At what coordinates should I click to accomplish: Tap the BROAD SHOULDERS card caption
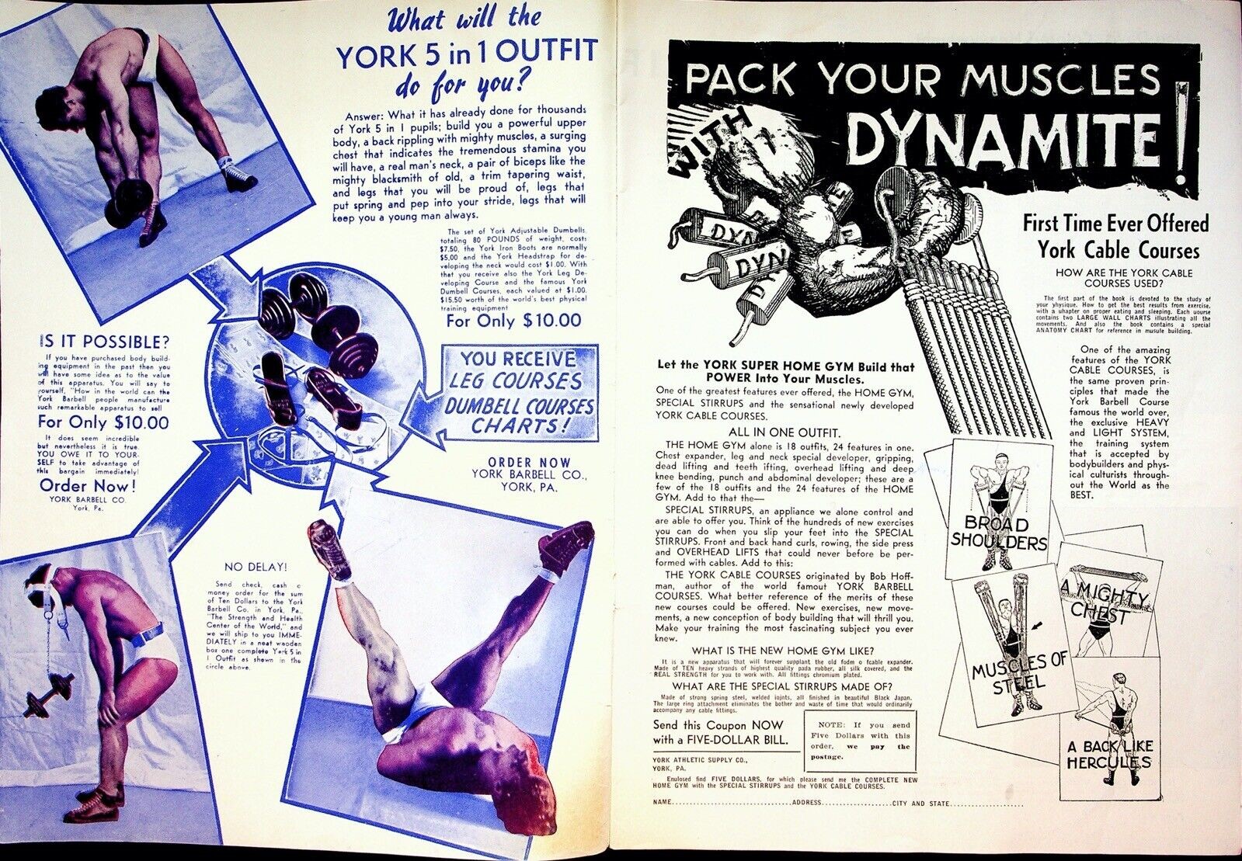pyautogui.click(x=999, y=533)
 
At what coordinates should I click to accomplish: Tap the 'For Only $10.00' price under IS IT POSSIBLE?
pyautogui.click(x=103, y=422)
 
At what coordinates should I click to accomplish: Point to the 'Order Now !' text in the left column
pyautogui.click(x=88, y=486)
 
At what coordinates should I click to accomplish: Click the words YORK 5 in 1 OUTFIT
pyautogui.click(x=466, y=53)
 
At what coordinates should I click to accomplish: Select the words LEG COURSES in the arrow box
pyautogui.click(x=520, y=381)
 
